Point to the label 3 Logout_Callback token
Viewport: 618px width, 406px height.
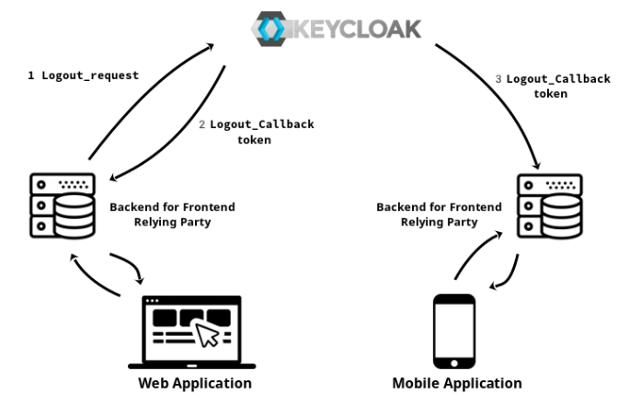pos(552,86)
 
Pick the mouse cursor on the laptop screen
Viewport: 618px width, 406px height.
pos(210,334)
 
